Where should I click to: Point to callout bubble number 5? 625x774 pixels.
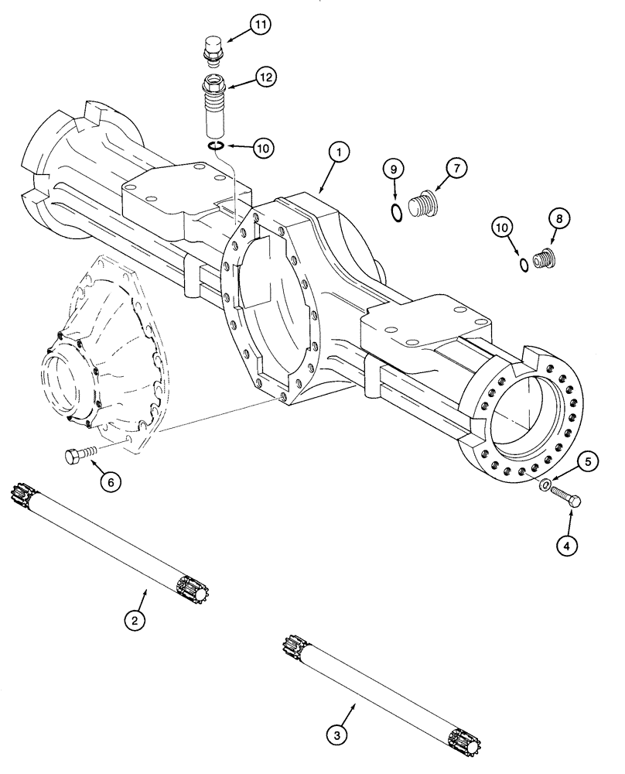[587, 463]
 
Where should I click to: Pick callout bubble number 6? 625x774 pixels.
[110, 481]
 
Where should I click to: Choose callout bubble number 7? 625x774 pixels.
[455, 167]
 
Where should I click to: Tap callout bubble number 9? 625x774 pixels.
[394, 168]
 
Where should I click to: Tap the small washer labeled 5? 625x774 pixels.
[546, 485]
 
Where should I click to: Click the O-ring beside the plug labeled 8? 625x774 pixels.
[525, 265]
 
